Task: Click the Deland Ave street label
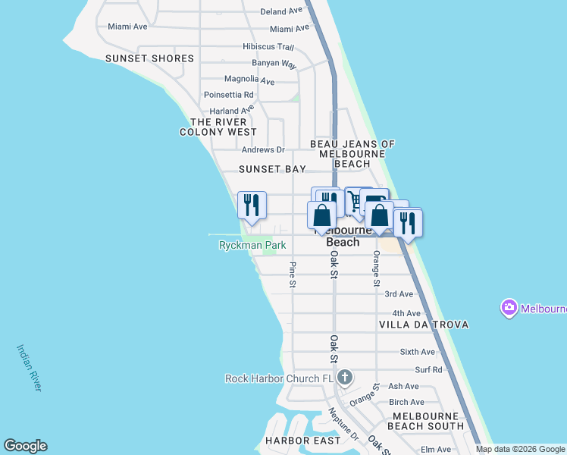(x=280, y=11)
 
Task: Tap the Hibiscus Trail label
(x=268, y=46)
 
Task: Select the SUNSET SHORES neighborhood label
(x=149, y=58)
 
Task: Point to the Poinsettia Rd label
(x=228, y=95)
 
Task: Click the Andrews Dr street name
(x=263, y=150)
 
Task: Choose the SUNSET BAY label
(x=272, y=169)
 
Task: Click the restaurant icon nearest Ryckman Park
(x=252, y=206)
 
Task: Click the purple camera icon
(x=509, y=309)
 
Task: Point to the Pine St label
(x=293, y=275)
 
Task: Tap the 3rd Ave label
(x=399, y=294)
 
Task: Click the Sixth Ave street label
(x=417, y=352)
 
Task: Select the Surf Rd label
(x=428, y=370)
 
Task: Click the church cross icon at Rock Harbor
(x=344, y=378)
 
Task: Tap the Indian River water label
(x=30, y=369)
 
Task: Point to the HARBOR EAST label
(x=297, y=441)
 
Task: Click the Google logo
(x=25, y=446)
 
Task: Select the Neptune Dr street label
(x=343, y=425)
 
